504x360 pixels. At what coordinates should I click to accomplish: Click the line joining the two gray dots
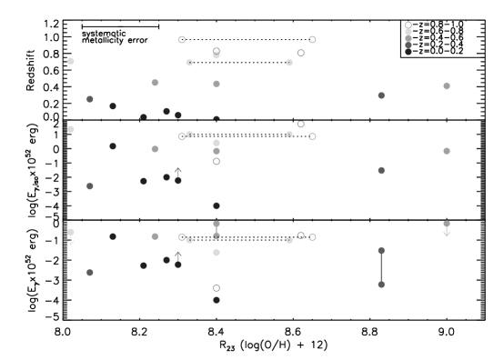381,267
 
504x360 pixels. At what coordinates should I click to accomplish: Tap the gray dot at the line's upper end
381,250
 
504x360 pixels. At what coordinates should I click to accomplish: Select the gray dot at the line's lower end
381,285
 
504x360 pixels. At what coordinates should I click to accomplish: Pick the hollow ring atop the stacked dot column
408,25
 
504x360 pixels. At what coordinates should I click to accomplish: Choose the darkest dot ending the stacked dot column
408,52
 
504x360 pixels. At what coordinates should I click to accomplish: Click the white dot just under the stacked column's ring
408,32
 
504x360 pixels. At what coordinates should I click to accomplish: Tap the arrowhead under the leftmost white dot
71,242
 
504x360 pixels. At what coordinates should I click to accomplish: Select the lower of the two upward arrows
178,255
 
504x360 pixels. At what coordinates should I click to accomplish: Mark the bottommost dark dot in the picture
217,299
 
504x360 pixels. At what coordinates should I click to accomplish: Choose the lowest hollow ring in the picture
217,288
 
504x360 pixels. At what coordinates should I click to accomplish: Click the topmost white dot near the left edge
71,61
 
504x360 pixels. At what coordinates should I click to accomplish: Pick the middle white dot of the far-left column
71,129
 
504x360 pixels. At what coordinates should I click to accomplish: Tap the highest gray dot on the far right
447,85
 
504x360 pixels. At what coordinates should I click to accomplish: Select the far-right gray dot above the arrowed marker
447,151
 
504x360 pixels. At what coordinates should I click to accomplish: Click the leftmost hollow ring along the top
182,39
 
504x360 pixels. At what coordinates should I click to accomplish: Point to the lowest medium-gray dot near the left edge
90,272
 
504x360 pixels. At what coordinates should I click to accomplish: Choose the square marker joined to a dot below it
217,224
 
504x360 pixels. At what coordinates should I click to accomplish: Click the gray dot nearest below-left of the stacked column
381,95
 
